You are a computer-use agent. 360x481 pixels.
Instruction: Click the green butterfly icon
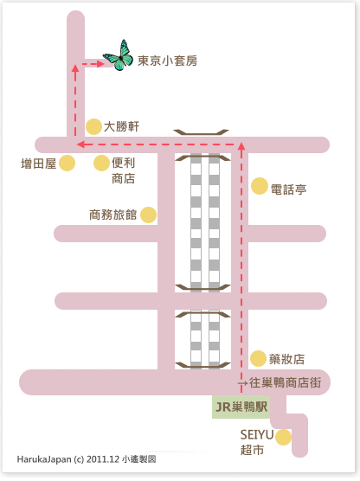[x=119, y=56]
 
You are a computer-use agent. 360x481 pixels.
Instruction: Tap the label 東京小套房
[x=167, y=61]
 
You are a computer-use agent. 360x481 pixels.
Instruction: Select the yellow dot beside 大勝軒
[x=93, y=126]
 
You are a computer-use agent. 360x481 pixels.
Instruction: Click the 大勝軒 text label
[x=121, y=126]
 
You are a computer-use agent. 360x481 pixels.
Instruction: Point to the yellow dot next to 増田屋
[x=67, y=163]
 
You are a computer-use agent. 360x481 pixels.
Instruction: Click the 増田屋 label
[x=39, y=164]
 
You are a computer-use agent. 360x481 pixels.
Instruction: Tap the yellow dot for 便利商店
[x=101, y=163]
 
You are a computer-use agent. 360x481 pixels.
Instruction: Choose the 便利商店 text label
[x=124, y=170]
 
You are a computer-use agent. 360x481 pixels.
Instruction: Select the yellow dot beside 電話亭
[x=260, y=186]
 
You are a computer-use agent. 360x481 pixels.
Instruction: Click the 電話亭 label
[x=288, y=189]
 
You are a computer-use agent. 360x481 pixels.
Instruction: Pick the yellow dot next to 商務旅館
[x=149, y=215]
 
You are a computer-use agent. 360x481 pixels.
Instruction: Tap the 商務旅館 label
[x=113, y=215]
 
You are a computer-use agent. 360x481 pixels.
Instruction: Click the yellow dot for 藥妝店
[x=258, y=359]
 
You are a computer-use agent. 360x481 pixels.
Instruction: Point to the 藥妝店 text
[x=286, y=359]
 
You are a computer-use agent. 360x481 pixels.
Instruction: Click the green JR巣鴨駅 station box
[x=241, y=407]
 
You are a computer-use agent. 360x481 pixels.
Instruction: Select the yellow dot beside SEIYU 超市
[x=283, y=437]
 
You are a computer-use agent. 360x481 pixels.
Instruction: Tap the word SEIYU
[x=256, y=434]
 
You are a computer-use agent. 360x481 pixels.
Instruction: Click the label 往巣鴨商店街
[x=285, y=383]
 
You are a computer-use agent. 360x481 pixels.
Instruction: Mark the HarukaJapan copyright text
[x=87, y=459]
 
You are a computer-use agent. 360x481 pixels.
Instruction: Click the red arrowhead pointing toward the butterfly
[x=100, y=64]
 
